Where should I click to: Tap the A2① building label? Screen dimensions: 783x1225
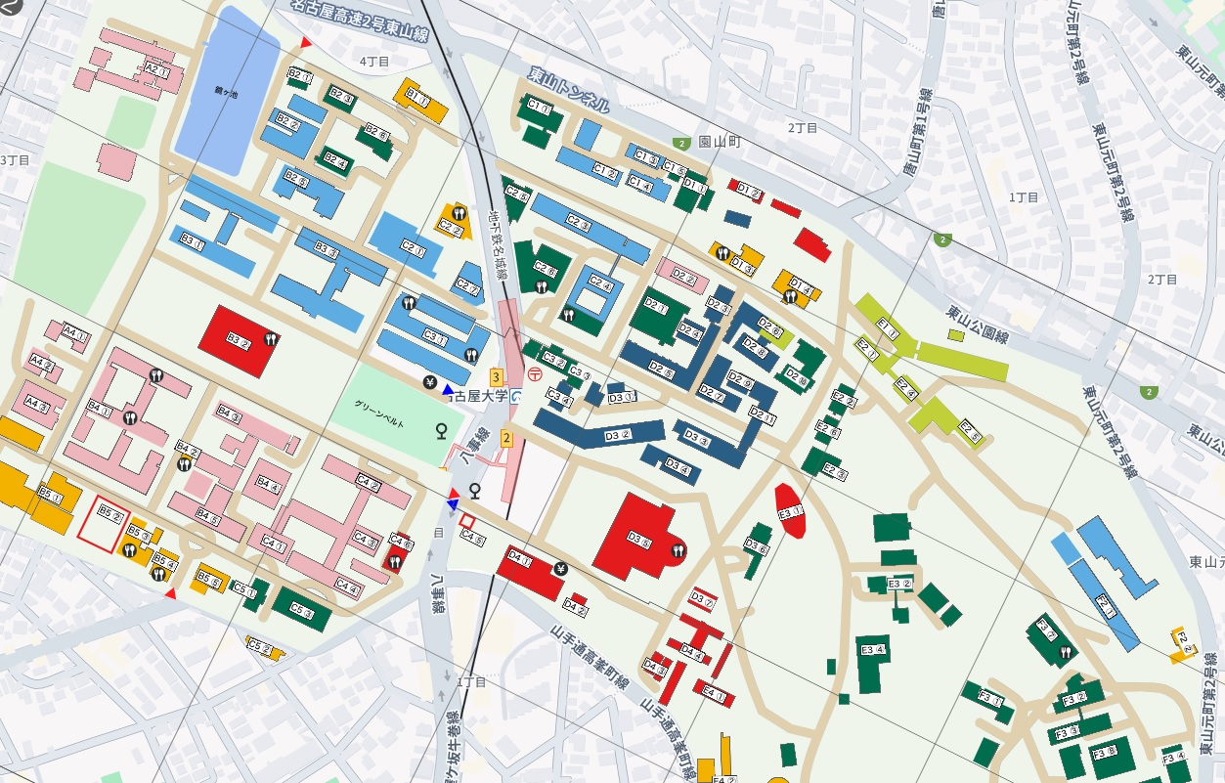tap(157, 69)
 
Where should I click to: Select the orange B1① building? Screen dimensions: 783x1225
tap(419, 95)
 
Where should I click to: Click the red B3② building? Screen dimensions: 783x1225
tap(234, 340)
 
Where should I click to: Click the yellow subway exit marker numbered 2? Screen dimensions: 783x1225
tap(506, 437)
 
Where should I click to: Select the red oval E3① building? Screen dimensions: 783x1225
tap(790, 511)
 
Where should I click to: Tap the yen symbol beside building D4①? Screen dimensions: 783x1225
tap(560, 569)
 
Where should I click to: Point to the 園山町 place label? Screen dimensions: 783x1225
tap(720, 142)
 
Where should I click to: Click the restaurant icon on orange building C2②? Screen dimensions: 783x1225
tap(455, 212)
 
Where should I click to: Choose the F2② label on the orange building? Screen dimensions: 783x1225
tap(1185, 642)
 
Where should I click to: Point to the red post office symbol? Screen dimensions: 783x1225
tap(534, 373)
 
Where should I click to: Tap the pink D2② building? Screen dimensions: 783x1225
tap(681, 278)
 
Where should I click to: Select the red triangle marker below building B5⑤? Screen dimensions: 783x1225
tap(170, 593)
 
